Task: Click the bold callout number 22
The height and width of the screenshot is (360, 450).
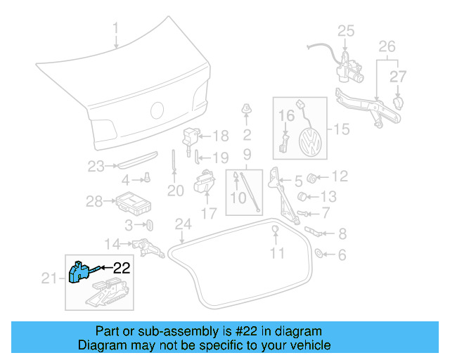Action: [x=122, y=267]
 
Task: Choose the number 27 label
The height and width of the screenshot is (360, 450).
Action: [x=399, y=75]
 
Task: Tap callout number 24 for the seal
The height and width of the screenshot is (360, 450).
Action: [x=183, y=224]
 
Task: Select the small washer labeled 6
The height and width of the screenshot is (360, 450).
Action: [x=318, y=254]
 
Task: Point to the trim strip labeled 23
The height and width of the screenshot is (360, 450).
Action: [x=133, y=165]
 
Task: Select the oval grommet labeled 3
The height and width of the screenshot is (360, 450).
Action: [x=150, y=225]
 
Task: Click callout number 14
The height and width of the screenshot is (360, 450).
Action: [x=113, y=244]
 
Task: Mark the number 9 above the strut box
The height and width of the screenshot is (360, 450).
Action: [x=247, y=154]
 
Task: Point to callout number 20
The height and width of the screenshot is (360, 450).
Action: [x=175, y=190]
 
